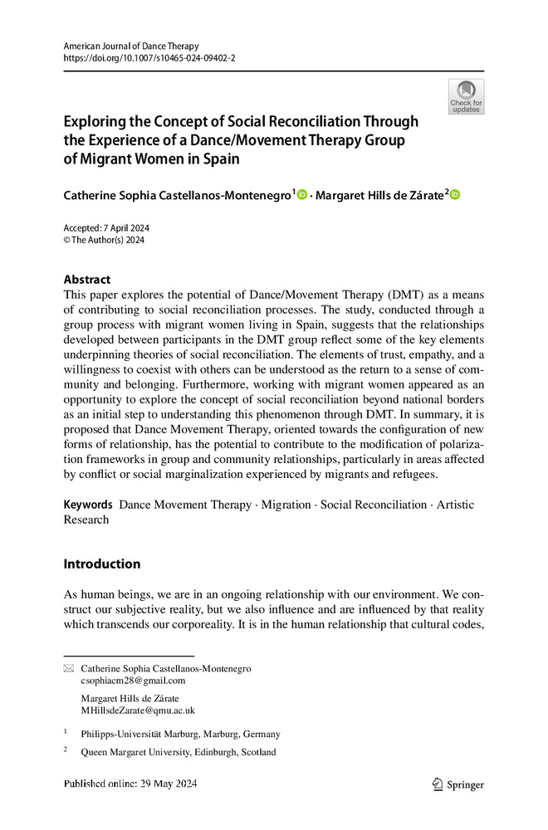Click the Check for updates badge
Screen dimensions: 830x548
pos(466,96)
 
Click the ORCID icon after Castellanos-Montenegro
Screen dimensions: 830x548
pos(301,194)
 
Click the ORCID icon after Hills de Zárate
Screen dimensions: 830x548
pos(454,194)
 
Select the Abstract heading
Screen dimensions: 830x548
pos(87,280)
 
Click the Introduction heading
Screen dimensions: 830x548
pos(102,564)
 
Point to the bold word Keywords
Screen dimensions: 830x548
pos(88,505)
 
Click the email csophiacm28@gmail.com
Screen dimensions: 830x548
pos(133,681)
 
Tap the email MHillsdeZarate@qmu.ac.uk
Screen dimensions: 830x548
pos(138,710)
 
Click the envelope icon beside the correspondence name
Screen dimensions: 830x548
pos(69,668)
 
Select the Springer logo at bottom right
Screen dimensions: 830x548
pos(459,784)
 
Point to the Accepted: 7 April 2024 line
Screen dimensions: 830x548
pos(106,228)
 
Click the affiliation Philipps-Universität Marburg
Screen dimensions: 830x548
pos(180,734)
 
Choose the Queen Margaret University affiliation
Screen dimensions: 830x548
pos(178,753)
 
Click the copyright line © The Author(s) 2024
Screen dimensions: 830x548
pos(105,241)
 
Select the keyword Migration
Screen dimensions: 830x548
pos(286,505)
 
